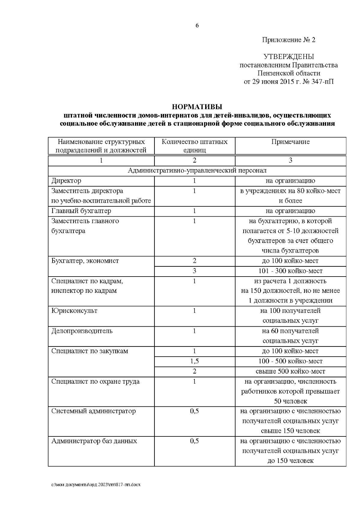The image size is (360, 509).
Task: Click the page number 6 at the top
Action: tap(197, 26)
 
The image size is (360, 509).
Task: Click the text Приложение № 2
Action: tap(289, 40)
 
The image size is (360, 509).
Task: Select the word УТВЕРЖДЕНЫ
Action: tap(289, 57)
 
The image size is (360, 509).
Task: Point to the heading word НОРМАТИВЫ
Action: tap(197, 107)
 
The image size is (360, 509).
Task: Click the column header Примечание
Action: tap(290, 142)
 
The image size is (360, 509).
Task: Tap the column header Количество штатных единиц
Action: tap(194, 146)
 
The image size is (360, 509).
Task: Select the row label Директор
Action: tap(66, 181)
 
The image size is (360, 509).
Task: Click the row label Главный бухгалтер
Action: tap(81, 211)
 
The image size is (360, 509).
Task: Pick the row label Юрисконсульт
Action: tap(74, 311)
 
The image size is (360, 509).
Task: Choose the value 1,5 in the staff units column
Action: tap(194, 361)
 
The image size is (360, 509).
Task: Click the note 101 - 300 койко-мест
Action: tap(290, 271)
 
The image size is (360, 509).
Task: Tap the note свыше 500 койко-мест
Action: tap(290, 372)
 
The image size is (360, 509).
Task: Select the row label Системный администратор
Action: tap(93, 411)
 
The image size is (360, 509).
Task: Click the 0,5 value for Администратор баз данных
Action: tap(194, 441)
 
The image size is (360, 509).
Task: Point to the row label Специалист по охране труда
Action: tap(95, 382)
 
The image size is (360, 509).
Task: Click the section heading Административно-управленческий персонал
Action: tap(197, 171)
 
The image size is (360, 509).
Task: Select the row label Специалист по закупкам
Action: tap(90, 351)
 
